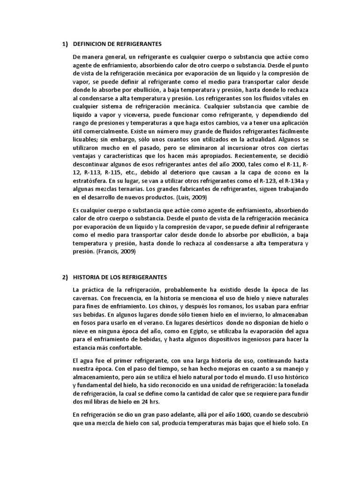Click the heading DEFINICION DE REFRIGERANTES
[118, 44]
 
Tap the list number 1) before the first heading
[65, 44]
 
